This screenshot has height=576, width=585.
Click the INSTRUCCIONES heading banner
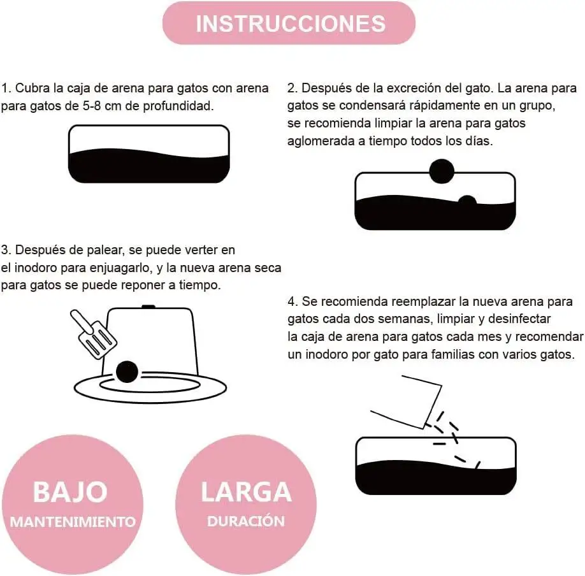tap(289, 23)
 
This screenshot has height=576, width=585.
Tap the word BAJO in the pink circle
tap(71, 492)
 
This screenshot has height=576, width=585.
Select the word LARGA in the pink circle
tap(246, 492)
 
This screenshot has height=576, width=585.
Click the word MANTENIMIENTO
tap(73, 522)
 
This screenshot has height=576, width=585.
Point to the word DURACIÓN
tap(246, 521)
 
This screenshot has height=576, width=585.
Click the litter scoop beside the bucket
tap(94, 335)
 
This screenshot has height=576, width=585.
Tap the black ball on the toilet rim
tap(127, 372)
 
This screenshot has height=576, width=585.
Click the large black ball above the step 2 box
tap(442, 171)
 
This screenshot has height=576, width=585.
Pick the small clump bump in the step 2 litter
tap(467, 201)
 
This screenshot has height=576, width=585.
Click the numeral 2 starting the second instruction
tap(291, 89)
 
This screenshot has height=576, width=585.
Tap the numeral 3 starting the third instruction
tap(4, 250)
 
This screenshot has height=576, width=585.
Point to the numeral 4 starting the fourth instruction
tap(292, 301)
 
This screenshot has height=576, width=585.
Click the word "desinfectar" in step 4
tap(519, 319)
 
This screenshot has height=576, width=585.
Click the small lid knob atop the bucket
tap(148, 306)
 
